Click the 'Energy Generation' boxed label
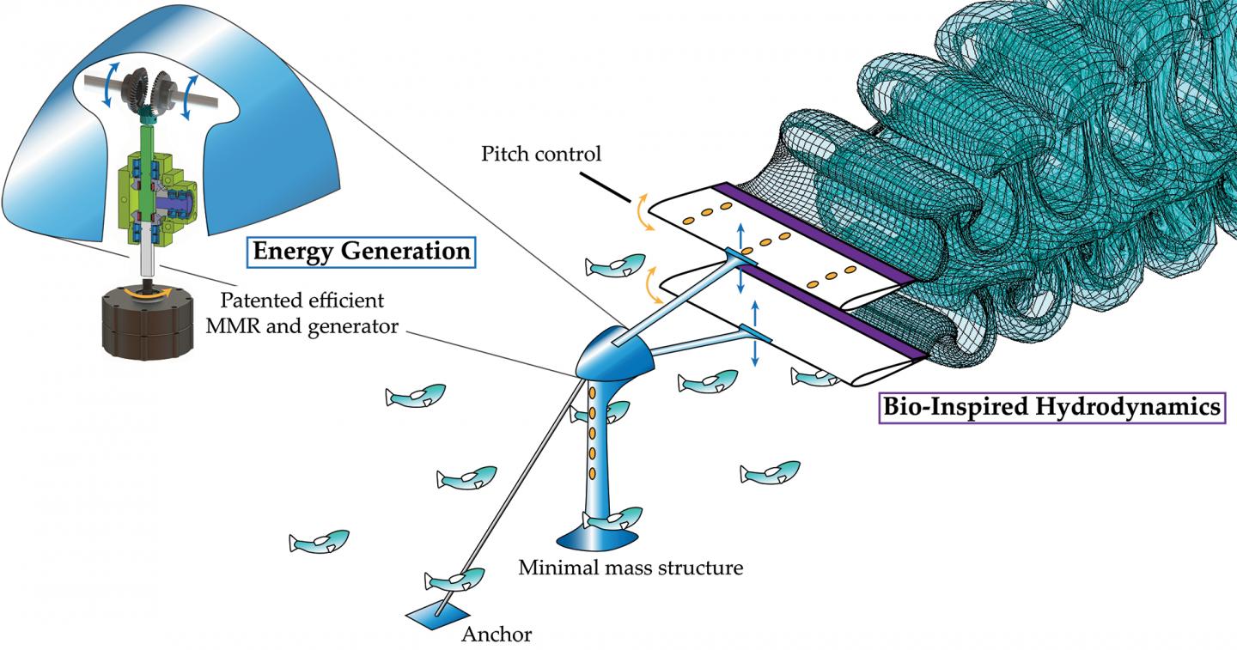362,252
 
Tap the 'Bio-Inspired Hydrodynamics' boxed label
1051,406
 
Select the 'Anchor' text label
497,635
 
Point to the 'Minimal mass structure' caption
631,568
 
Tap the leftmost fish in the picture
320,541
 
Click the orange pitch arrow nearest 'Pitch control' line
641,212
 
